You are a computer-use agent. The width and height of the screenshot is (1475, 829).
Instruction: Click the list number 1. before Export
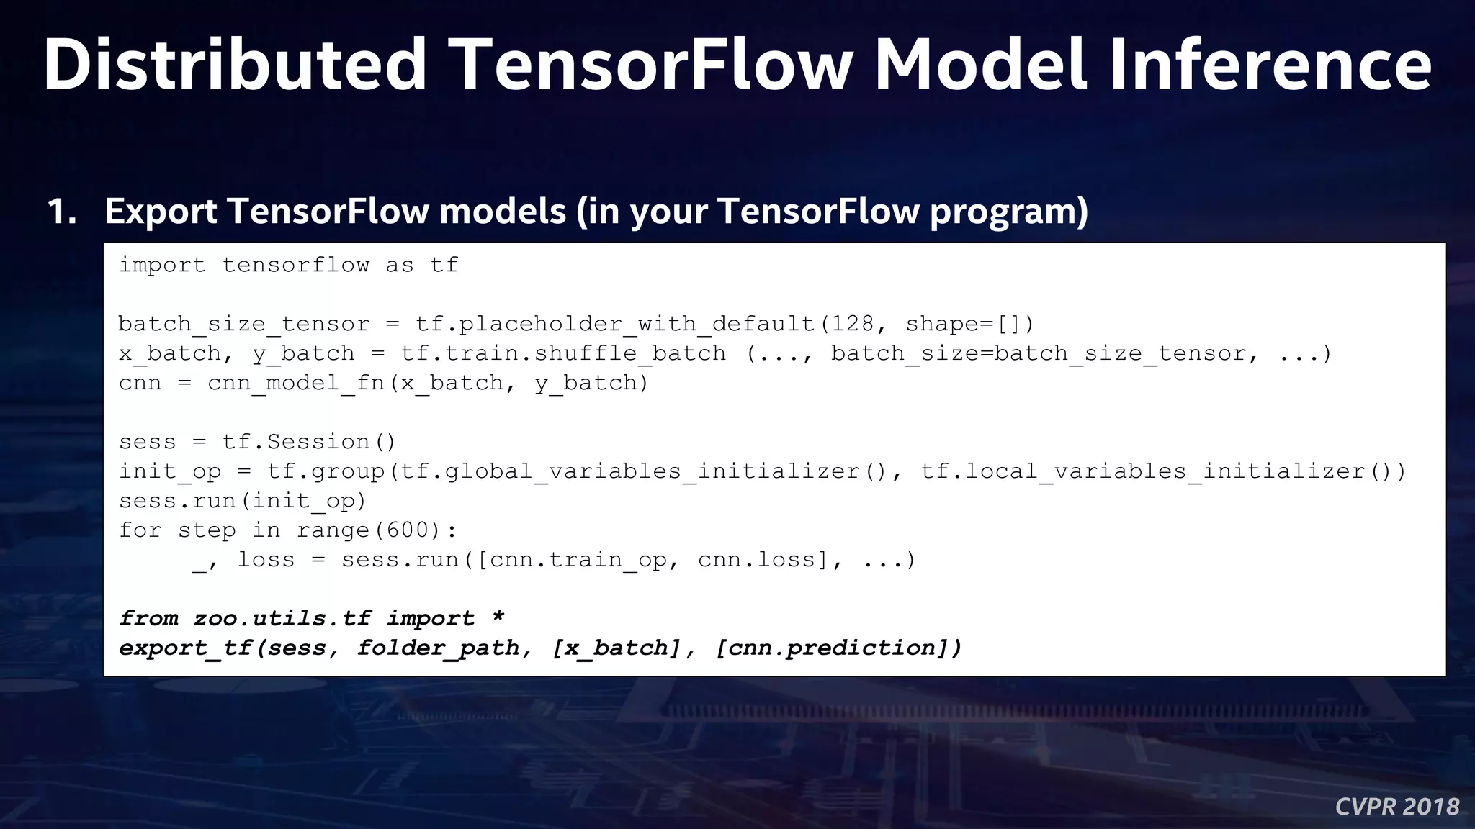(x=62, y=212)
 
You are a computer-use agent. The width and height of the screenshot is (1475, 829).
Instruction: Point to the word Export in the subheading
(x=161, y=212)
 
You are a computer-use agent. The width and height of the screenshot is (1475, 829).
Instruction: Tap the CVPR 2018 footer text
(x=1396, y=806)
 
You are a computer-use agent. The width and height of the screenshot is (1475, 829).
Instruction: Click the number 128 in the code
(x=852, y=324)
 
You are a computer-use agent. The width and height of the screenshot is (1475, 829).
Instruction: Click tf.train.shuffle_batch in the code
(x=563, y=353)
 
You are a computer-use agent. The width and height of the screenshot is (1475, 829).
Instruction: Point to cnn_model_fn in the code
(x=296, y=383)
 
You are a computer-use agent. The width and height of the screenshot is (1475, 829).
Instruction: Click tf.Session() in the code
(x=309, y=442)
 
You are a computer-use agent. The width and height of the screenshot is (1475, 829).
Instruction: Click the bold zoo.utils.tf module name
(x=282, y=618)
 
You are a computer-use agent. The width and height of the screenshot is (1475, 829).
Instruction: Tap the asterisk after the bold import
(x=498, y=617)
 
